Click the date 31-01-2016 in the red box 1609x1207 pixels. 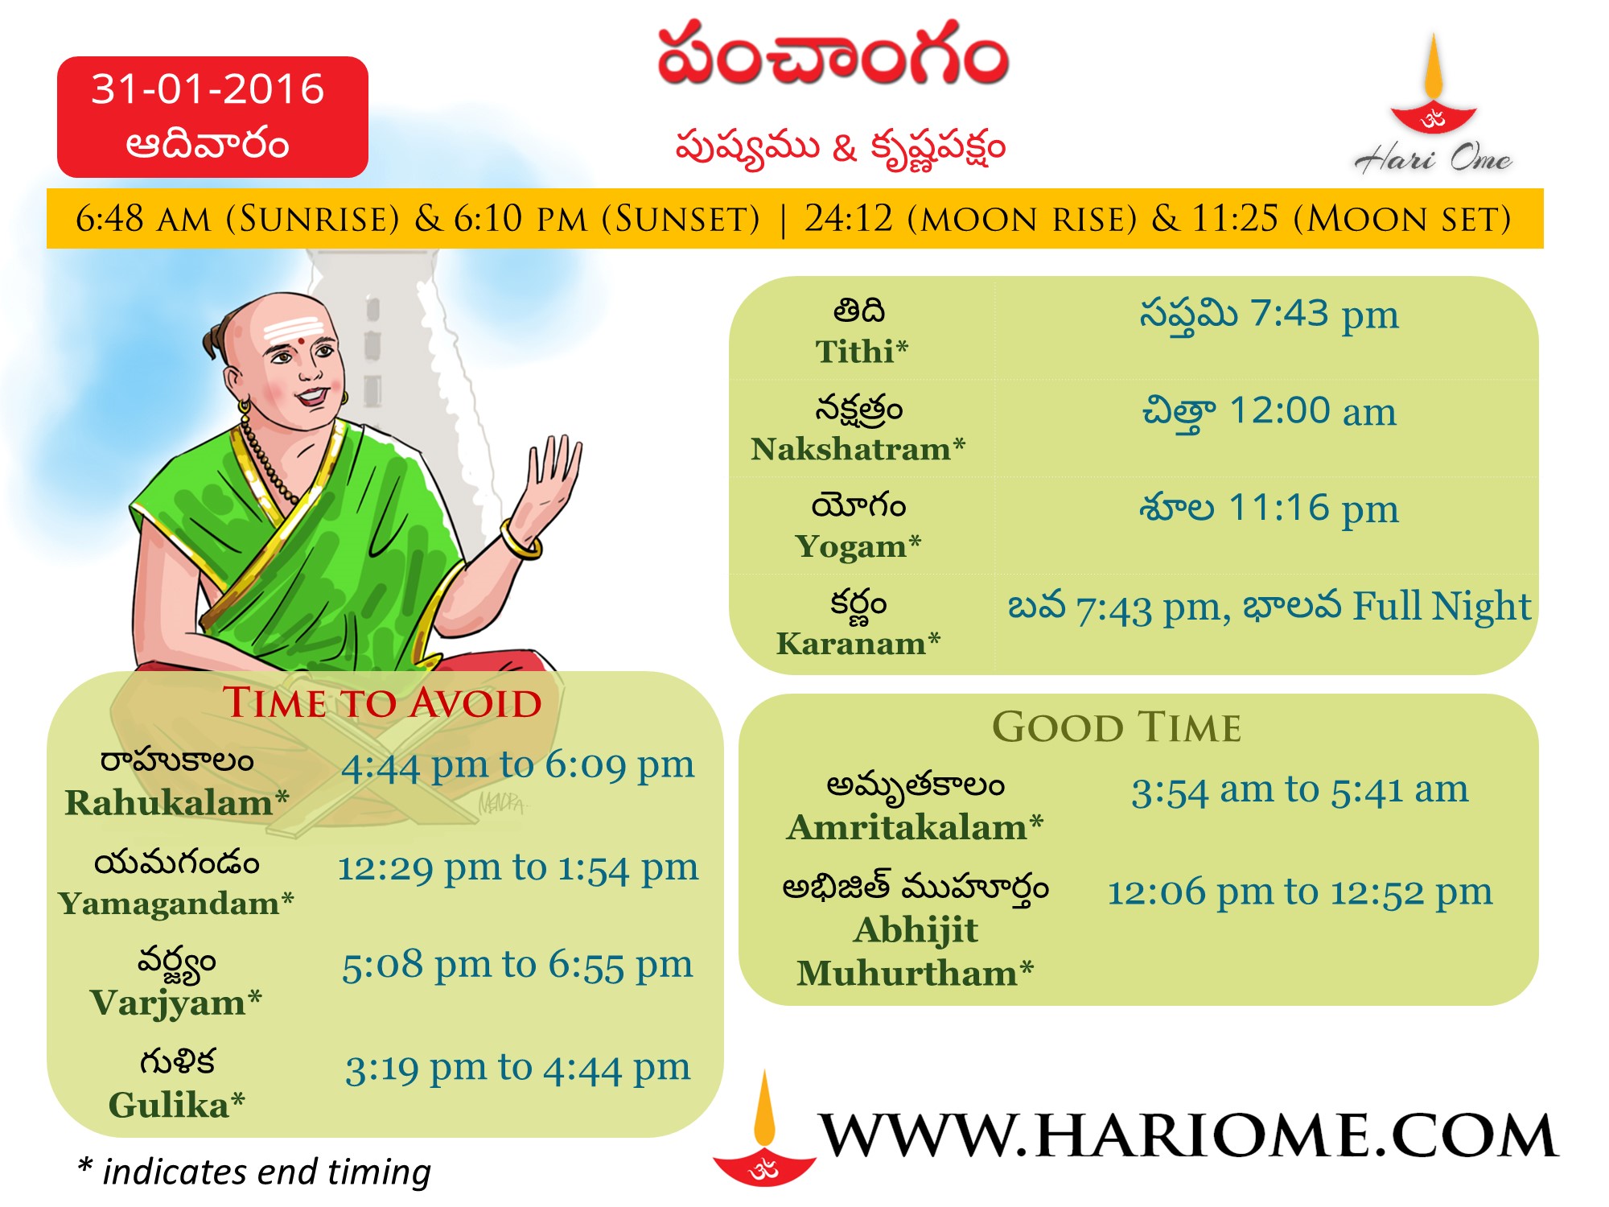click(208, 89)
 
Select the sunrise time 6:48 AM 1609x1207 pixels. click(143, 218)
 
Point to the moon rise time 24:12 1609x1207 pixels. click(849, 218)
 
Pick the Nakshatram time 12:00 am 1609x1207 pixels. click(1313, 410)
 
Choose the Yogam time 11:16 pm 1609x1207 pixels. click(1314, 508)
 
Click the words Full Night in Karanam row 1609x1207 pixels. click(1442, 606)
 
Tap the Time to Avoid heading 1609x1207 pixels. click(382, 702)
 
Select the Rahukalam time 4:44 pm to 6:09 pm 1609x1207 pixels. click(517, 765)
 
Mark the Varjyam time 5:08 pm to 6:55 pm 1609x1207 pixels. click(517, 965)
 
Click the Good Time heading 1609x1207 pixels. click(1117, 727)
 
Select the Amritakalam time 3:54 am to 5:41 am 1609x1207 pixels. click(1299, 790)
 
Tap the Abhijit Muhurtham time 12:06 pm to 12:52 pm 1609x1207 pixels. click(1299, 892)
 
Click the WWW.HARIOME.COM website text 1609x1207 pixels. click(1188, 1135)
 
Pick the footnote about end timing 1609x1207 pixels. click(254, 1172)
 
